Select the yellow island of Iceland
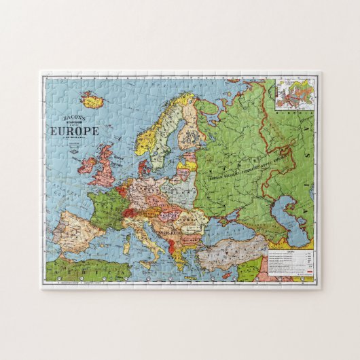[92, 100]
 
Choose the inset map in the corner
[295, 95]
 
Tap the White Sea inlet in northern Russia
[217, 109]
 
